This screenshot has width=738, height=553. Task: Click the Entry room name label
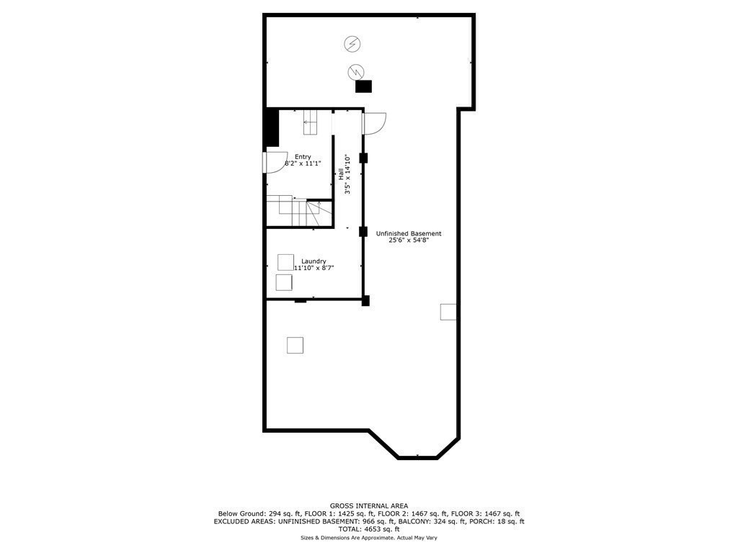pos(303,156)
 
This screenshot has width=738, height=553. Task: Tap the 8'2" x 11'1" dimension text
pos(303,163)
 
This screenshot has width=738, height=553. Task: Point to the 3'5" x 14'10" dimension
pos(347,174)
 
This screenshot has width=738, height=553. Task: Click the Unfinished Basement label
pos(409,233)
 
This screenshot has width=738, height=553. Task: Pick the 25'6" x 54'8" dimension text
pos(409,240)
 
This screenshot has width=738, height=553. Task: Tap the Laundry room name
pos(314,261)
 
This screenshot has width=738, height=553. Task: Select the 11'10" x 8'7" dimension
pos(314,268)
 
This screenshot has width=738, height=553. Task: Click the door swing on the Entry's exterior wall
pos(276,163)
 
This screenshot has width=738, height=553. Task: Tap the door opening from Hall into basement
pos(374,124)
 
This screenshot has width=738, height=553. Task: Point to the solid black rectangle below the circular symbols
pos(364,86)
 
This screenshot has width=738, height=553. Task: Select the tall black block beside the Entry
pos(272,127)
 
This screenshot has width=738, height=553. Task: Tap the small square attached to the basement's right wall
pos(448,311)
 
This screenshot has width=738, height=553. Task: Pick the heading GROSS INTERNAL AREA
pos(368,505)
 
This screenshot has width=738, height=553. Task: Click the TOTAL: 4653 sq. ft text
pos(368,529)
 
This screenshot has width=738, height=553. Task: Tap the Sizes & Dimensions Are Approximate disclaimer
pos(368,538)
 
